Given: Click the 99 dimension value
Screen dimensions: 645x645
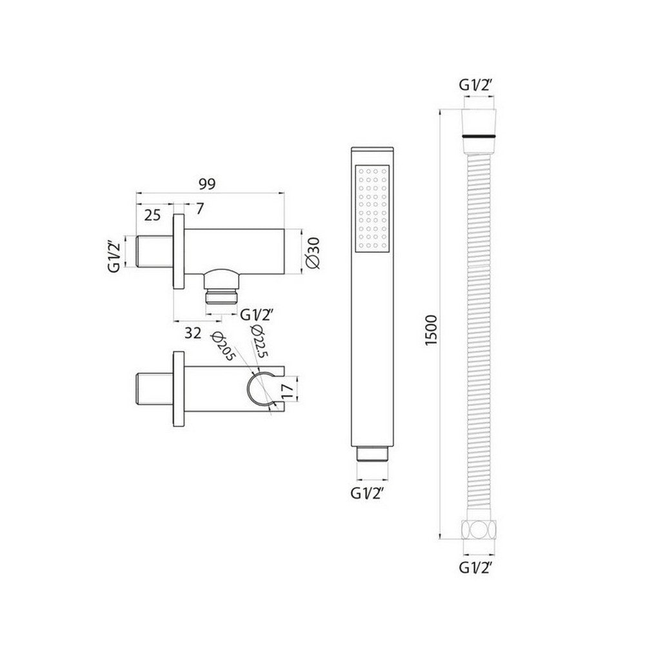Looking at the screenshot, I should (206, 184).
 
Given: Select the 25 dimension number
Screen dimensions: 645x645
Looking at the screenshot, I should (152, 215).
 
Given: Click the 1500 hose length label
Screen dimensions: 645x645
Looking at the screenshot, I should (432, 330).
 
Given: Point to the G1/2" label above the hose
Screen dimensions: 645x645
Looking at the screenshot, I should (478, 84).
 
